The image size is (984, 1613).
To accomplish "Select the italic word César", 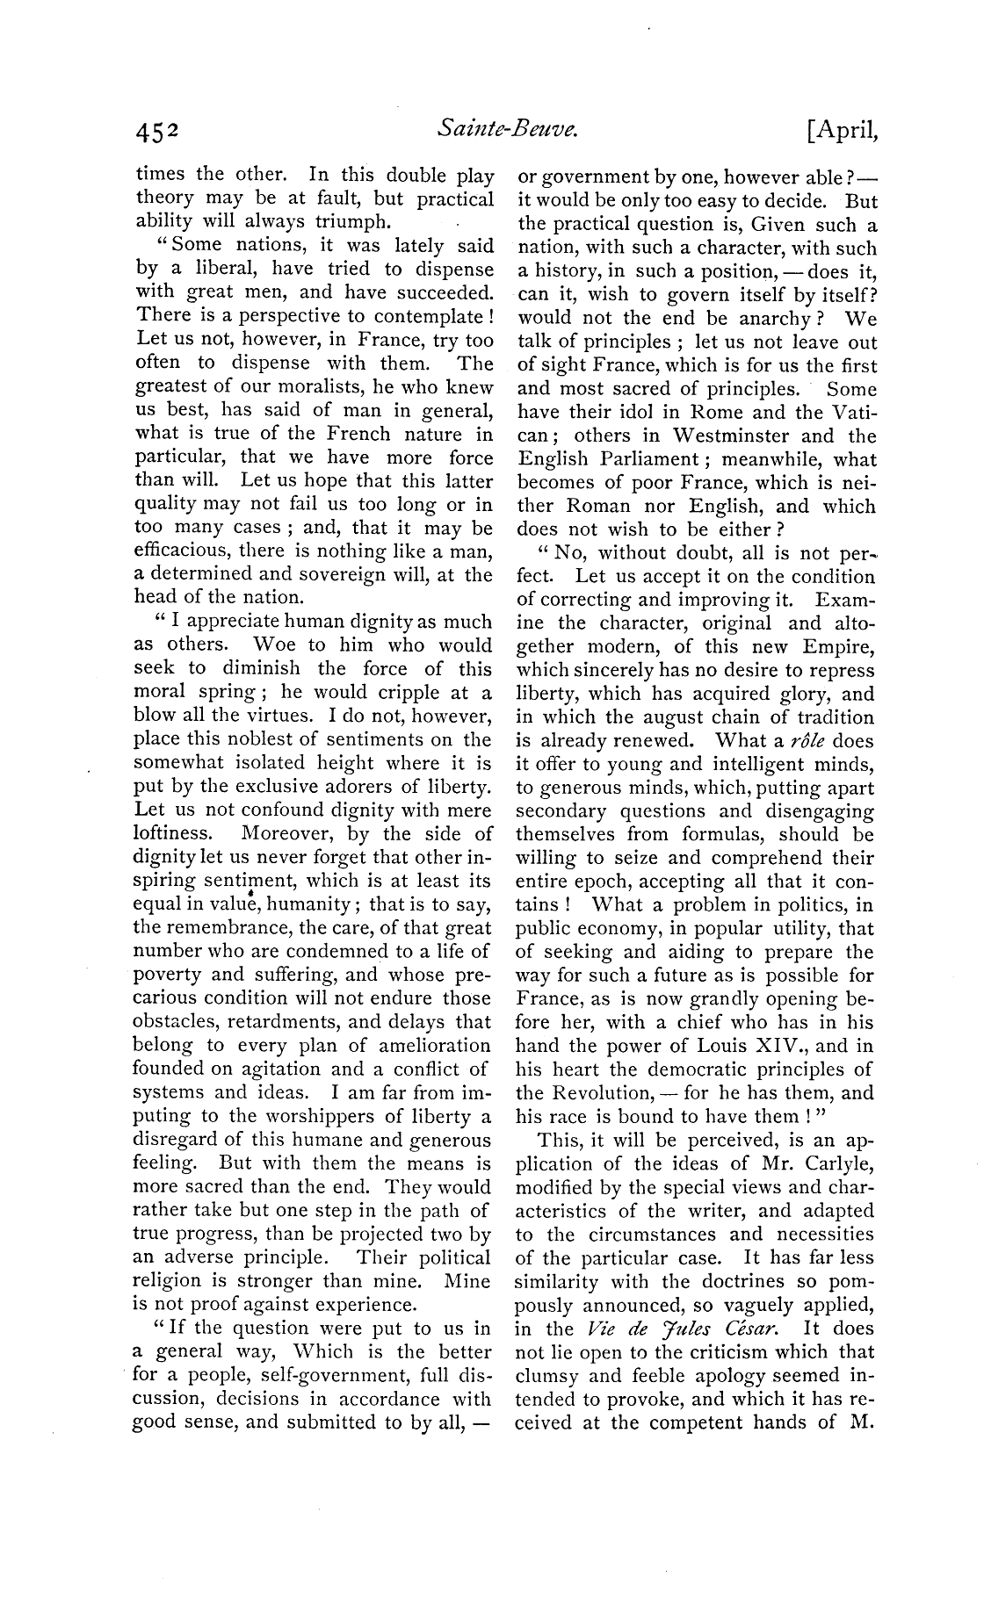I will pos(760,1329).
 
